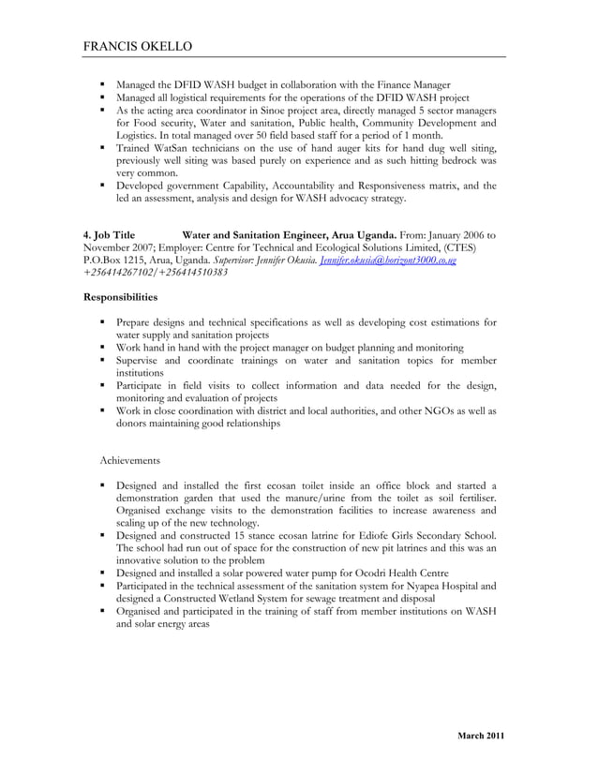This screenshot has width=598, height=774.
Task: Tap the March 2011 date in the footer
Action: [x=481, y=736]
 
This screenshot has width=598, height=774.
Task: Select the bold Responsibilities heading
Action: [x=121, y=297]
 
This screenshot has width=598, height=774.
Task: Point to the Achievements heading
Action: [x=129, y=460]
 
